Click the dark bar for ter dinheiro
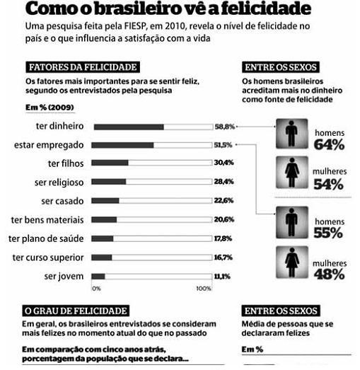tap(129, 127)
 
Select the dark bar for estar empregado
tap(122, 145)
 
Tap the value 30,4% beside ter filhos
tap(224, 163)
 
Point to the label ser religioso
tap(59, 182)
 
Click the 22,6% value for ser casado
tap(223, 201)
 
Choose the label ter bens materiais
tap(47, 220)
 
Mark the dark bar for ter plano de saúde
tap(103, 239)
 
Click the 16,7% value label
tap(223, 258)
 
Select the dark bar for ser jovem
tap(98, 277)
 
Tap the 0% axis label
tap(96, 289)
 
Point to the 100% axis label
tap(204, 289)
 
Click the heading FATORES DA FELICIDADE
tap(83, 67)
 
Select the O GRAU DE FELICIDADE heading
tap(76, 311)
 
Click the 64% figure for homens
tap(329, 144)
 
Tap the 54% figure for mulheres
tap(329, 184)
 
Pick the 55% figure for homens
tap(328, 233)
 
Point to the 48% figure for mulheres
tap(330, 274)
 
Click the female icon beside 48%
tap(292, 262)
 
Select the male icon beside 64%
tap(292, 134)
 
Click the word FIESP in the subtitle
tap(135, 26)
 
